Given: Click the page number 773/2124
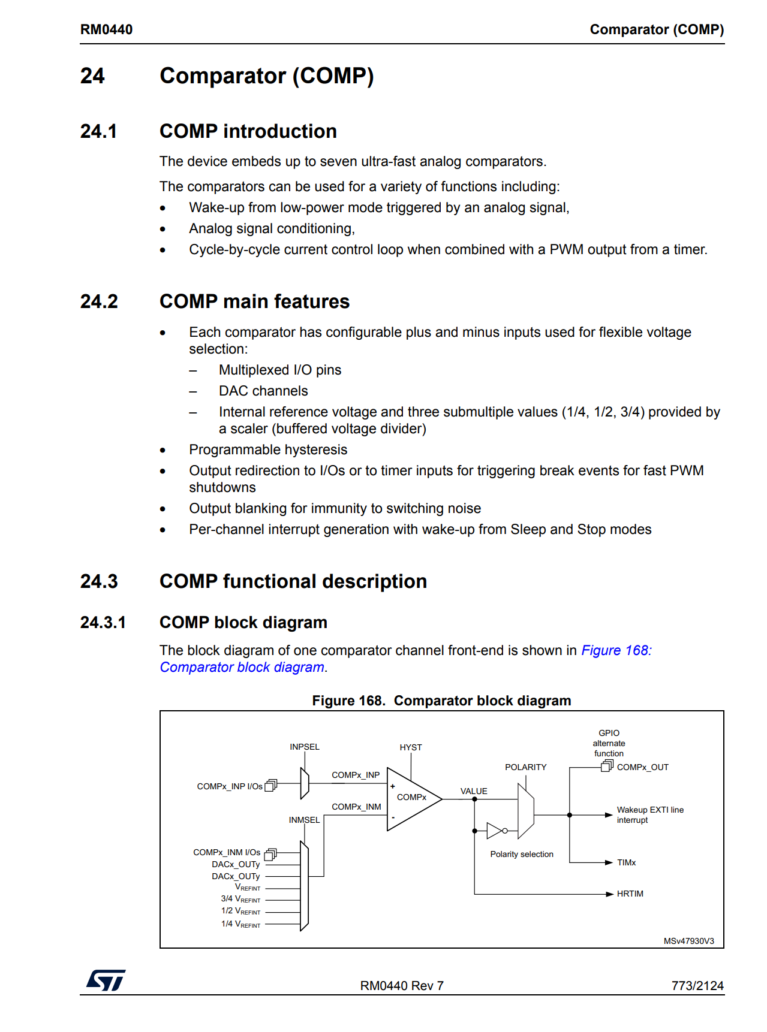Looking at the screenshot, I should pos(697,986).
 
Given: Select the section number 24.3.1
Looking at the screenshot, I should pos(103,623).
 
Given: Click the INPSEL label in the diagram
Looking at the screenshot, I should pos(305,747).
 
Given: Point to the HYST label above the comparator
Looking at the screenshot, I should pos(411,747).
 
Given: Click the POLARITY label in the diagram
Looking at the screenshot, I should pos(525,767).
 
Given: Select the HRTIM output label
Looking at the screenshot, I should pos(630,894).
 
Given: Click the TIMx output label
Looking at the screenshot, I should pos(626,862).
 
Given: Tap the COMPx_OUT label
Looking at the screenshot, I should pos(642,767).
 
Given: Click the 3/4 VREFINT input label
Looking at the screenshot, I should pos(240,899).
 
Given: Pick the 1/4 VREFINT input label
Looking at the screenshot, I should pos(240,924).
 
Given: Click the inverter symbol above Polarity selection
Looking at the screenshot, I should pos(496,831).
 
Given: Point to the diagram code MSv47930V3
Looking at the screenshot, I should pos(688,941).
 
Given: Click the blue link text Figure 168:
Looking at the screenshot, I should pos(616,650).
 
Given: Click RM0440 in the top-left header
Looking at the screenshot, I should pos(106,29).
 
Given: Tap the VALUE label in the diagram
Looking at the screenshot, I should pos(474,791).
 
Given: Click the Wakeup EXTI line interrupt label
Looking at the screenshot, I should pos(650,814).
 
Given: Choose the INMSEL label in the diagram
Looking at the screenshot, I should pos(304,820).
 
